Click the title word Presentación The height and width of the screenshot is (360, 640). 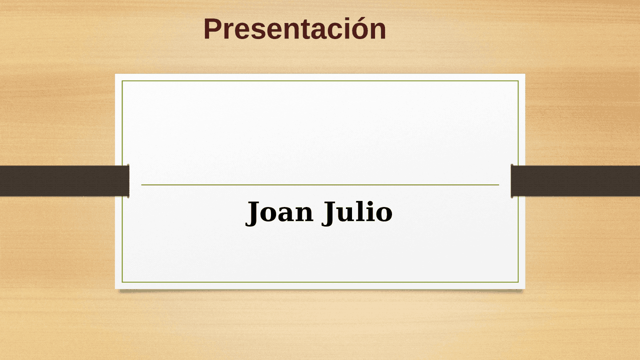(294, 28)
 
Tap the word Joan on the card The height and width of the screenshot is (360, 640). (279, 212)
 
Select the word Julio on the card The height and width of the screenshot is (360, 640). (357, 212)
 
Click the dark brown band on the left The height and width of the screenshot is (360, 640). (64, 181)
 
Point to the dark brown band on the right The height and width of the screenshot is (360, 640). (575, 181)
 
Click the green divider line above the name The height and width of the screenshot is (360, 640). (320, 185)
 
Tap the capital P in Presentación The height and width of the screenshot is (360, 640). (212, 29)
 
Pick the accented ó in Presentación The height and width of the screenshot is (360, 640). (359, 28)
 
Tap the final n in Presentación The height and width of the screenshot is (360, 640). (378, 31)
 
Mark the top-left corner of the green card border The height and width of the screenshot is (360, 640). (122, 81)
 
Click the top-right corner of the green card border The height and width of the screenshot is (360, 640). (518, 81)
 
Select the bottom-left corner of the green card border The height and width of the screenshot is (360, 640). (122, 282)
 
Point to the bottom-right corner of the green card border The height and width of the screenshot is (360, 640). (518, 282)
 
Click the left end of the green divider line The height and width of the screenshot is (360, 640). (141, 185)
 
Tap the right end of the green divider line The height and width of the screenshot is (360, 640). (499, 185)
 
